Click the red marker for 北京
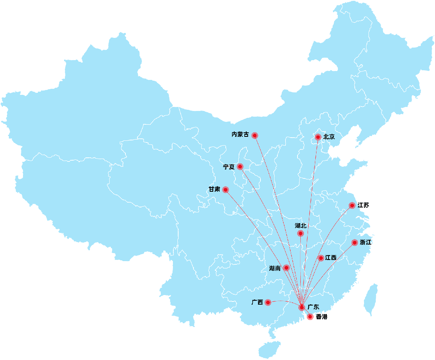[x=318, y=137]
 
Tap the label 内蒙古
[x=240, y=135]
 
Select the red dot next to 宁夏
[x=240, y=167]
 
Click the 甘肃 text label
[x=214, y=189]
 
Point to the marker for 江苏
[x=352, y=205]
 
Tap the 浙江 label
[x=366, y=243]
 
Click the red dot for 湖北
[x=300, y=234]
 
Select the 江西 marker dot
[x=321, y=258]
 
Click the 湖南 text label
[x=275, y=268]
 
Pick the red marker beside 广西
[x=268, y=302]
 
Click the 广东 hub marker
[x=302, y=308]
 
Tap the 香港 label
[x=322, y=317]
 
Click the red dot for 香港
[x=310, y=317]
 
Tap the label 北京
[x=329, y=137]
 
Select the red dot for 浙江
[x=354, y=243]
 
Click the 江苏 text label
[x=363, y=205]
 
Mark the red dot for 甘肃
[x=225, y=190]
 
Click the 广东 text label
[x=313, y=307]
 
